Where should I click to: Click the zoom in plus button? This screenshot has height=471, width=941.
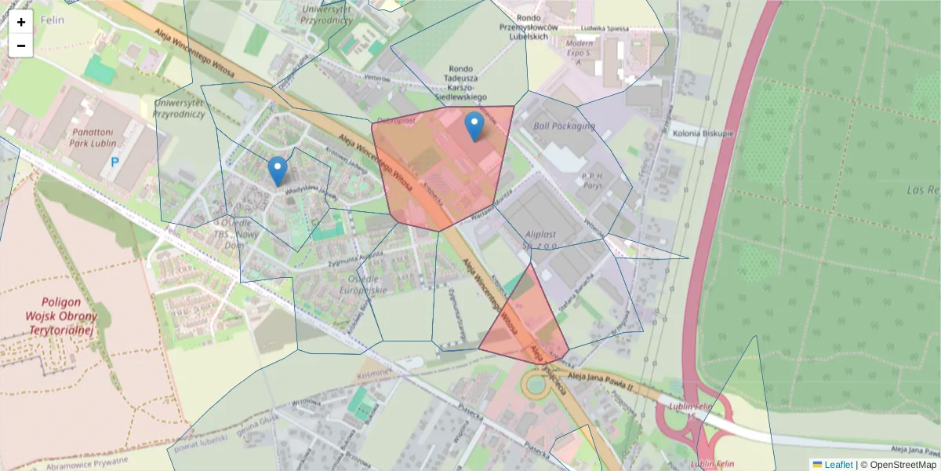[21, 22]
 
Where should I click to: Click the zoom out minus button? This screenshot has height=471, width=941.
[21, 46]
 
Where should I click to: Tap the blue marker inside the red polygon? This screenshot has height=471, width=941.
[474, 126]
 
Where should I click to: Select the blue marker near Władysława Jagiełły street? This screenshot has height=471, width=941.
[277, 170]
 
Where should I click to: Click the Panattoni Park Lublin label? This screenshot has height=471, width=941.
[94, 137]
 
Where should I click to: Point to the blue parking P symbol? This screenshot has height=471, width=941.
[114, 162]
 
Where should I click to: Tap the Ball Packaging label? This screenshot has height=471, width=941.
[564, 126]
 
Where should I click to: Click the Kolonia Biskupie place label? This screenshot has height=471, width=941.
[703, 133]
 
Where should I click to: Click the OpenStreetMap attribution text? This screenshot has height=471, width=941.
[899, 464]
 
